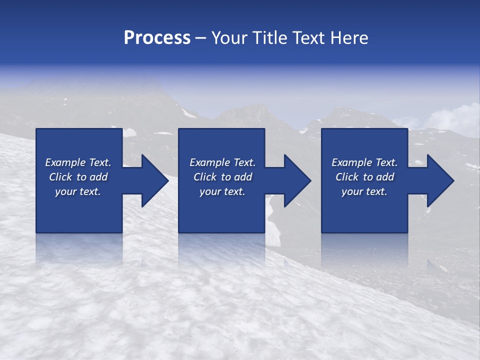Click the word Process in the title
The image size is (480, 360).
(x=157, y=38)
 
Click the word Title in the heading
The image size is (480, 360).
(x=268, y=38)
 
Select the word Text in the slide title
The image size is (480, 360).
(x=309, y=38)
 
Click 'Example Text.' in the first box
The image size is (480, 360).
(x=78, y=162)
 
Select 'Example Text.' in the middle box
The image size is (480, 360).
(x=222, y=162)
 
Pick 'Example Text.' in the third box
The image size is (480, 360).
(x=364, y=162)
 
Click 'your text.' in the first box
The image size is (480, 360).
(x=78, y=191)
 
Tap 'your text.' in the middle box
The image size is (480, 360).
(x=222, y=191)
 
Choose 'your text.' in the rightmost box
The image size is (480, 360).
(x=364, y=191)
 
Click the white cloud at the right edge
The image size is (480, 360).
(x=457, y=117)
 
